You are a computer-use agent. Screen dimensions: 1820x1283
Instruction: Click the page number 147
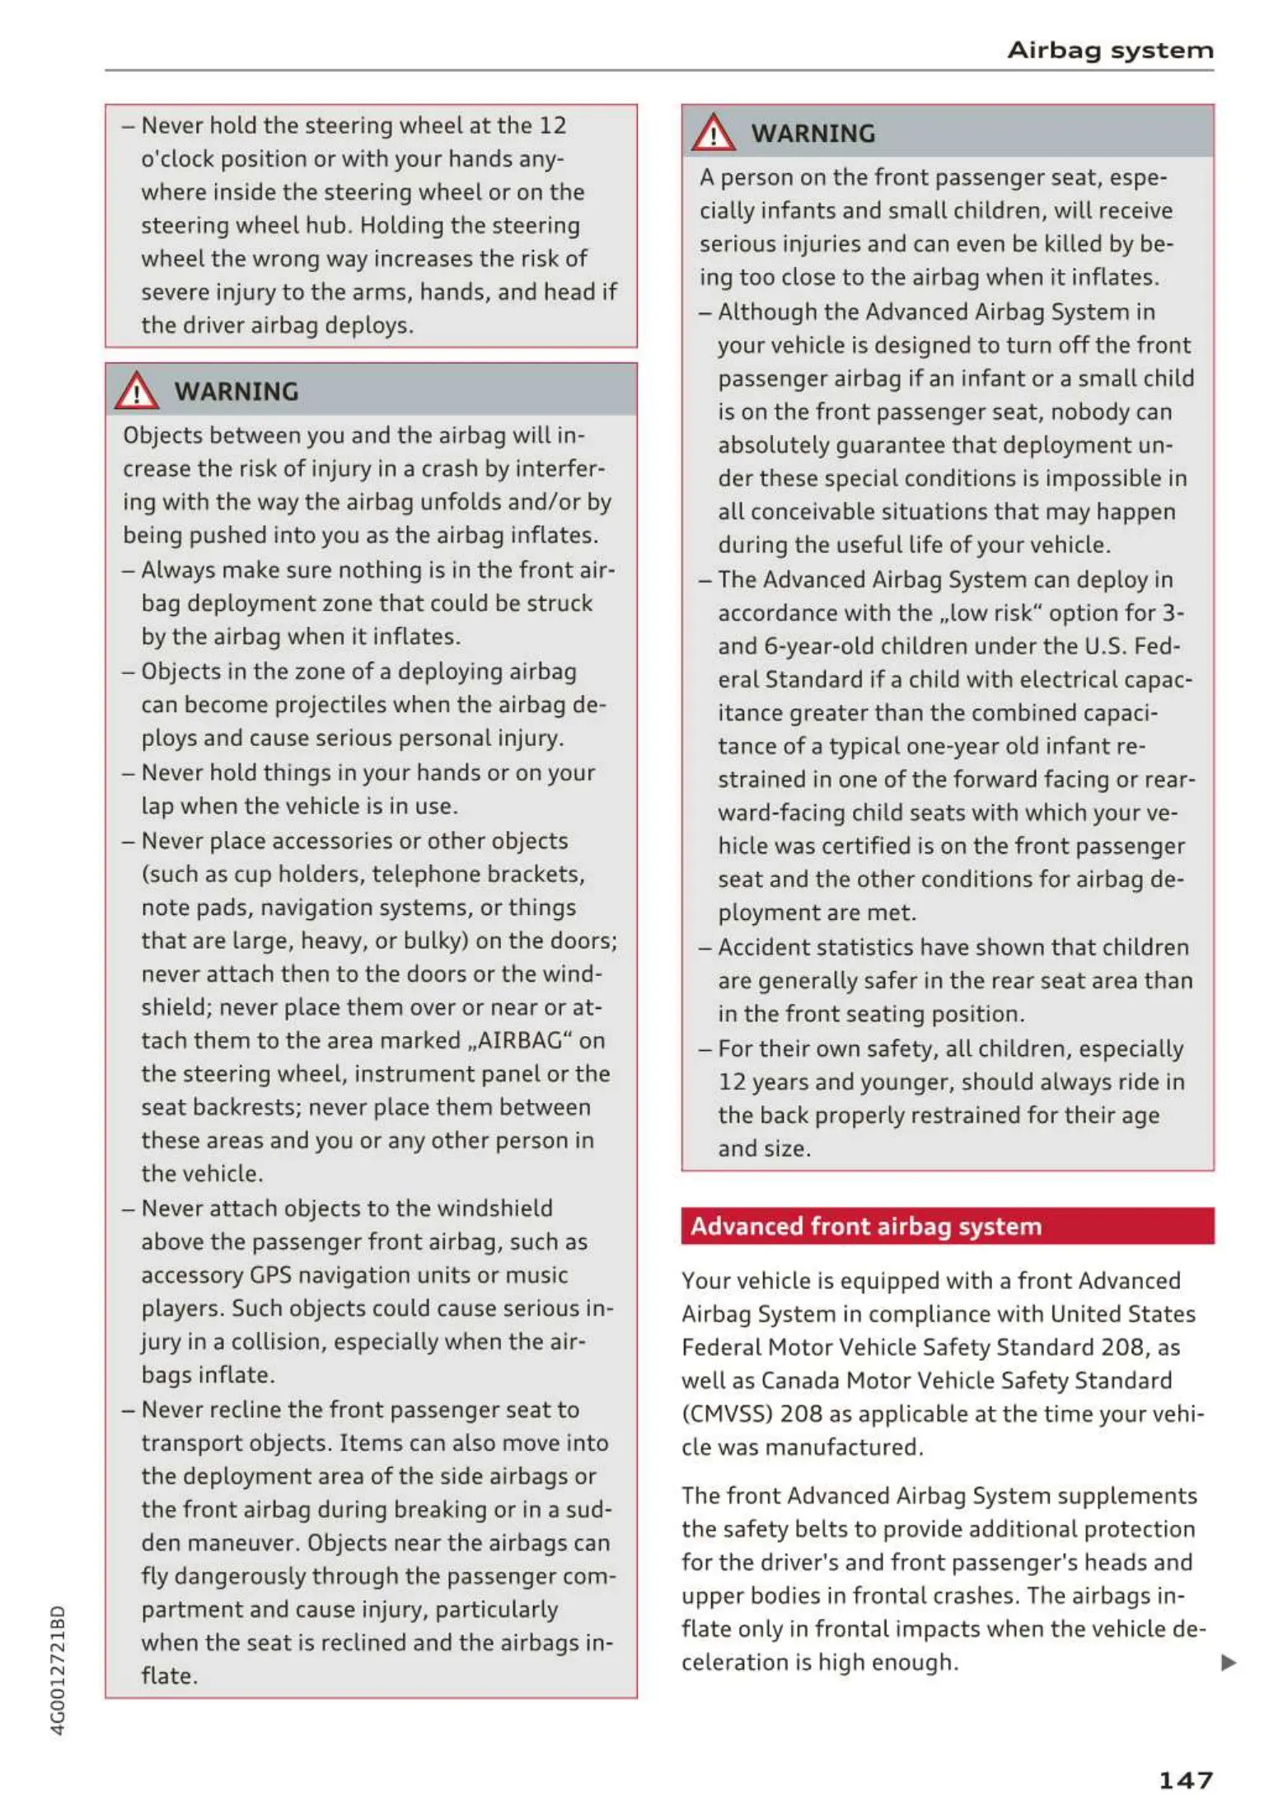[1185, 1780]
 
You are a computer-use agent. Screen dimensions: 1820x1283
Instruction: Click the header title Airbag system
[1109, 50]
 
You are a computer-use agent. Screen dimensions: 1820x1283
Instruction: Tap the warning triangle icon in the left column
[136, 391]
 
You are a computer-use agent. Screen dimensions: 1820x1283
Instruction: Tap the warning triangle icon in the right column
[713, 133]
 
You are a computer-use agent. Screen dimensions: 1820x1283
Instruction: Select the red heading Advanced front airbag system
[865, 1227]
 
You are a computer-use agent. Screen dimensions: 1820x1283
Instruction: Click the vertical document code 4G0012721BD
[58, 1669]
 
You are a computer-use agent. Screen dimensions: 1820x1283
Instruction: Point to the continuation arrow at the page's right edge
[1228, 1662]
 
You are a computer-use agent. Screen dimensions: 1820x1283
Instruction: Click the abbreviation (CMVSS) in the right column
[727, 1414]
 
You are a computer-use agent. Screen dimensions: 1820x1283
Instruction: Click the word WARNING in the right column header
[812, 134]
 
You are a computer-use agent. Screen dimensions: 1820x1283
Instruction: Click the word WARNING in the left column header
[236, 392]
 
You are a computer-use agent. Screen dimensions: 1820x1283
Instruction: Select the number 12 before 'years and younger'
[732, 1081]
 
